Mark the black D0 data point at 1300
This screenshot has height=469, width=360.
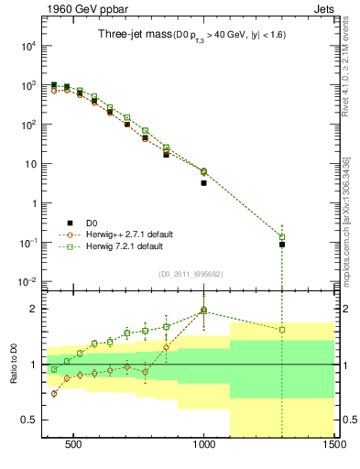coord(282,245)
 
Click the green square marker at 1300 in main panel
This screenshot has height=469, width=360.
coord(282,237)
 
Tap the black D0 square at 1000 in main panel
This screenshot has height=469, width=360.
coord(203,183)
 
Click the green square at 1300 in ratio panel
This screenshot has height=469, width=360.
coord(282,330)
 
